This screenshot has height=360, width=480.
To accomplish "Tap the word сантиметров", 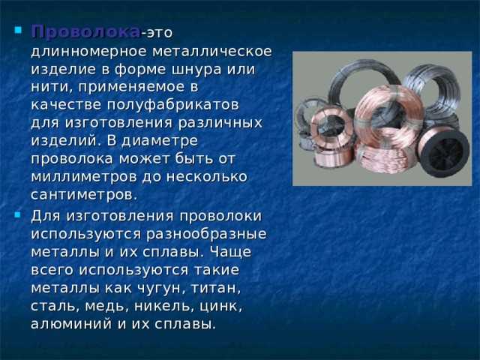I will click(x=82, y=193).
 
